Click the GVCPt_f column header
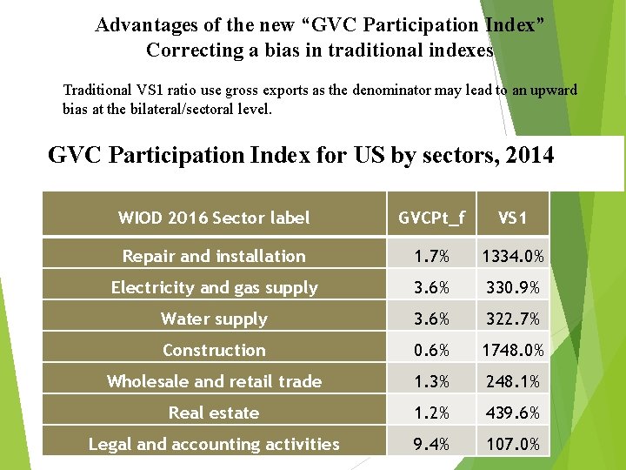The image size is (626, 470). pyautogui.click(x=431, y=218)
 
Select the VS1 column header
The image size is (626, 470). pyautogui.click(x=512, y=218)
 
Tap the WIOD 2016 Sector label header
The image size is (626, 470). pyautogui.click(x=214, y=218)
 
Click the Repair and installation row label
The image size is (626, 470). pyautogui.click(x=214, y=256)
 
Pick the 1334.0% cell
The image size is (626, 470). pyautogui.click(x=512, y=256)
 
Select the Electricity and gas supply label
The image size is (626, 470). pyautogui.click(x=214, y=287)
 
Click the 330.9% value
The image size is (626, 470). pyautogui.click(x=512, y=287)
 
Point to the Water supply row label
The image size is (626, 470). pyautogui.click(x=214, y=319)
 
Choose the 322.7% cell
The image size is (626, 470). pyautogui.click(x=512, y=319)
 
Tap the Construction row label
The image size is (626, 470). pyautogui.click(x=214, y=350)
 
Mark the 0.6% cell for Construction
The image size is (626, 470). pyautogui.click(x=431, y=350)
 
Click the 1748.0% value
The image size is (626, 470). pyautogui.click(x=512, y=350)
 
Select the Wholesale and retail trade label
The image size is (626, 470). pyautogui.click(x=214, y=381)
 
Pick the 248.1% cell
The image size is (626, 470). pyautogui.click(x=512, y=381)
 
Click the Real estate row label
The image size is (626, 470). pyautogui.click(x=214, y=413)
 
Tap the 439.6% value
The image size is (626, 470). pyautogui.click(x=512, y=413)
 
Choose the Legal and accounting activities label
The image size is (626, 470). pyautogui.click(x=214, y=444)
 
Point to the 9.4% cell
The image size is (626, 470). pyautogui.click(x=431, y=444)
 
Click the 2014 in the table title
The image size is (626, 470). pyautogui.click(x=525, y=155)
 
